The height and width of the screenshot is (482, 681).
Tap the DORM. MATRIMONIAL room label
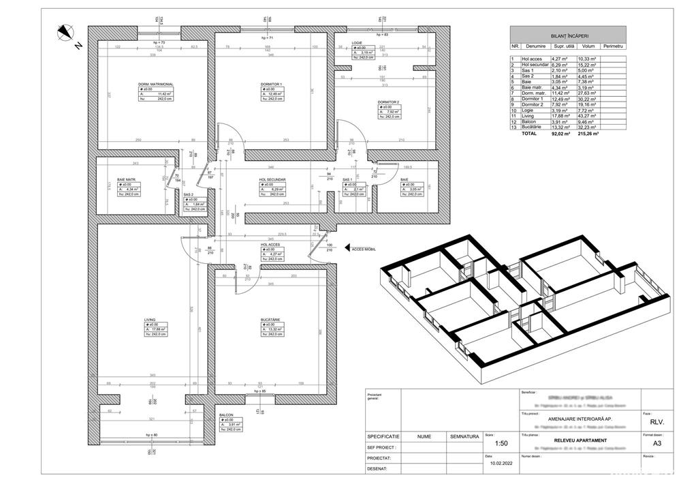tap(155, 85)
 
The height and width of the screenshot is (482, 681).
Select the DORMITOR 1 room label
tap(271, 85)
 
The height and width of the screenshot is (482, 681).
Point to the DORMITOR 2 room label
tap(389, 102)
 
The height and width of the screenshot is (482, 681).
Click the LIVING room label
tap(151, 318)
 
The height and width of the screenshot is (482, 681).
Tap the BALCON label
tap(226, 414)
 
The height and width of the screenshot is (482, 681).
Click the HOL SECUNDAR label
tap(272, 179)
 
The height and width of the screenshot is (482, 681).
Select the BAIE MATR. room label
tap(127, 180)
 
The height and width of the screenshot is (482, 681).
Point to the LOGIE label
tap(356, 42)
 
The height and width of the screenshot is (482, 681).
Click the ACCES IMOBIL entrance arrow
tap(347, 248)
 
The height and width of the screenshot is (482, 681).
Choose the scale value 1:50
tap(501, 442)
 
